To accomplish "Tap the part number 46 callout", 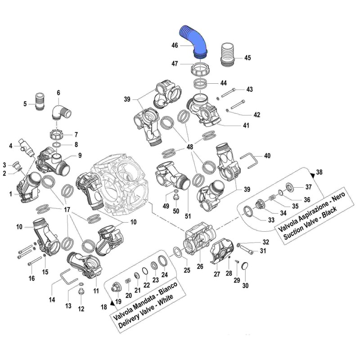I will pos(175,45).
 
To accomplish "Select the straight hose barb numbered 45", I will pos(229,55).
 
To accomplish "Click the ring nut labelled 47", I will pos(200,71).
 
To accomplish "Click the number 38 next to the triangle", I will pos(319,172).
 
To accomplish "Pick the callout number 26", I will pos(200,266).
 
